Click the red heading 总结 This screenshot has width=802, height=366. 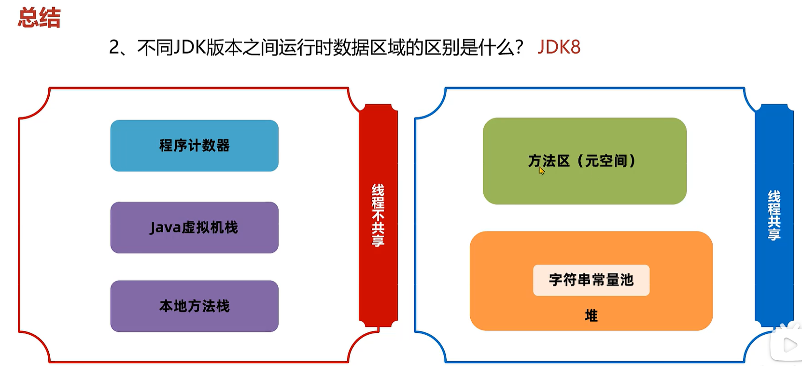coord(39,18)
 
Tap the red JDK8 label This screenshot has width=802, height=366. coord(559,47)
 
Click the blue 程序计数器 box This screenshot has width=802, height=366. coord(194,146)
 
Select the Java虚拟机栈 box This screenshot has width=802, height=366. coord(194,228)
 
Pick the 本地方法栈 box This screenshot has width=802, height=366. coord(194,306)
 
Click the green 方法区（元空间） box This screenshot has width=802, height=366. coord(584,161)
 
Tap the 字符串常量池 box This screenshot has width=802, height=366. coord(591,280)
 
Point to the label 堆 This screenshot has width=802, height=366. coord(591,316)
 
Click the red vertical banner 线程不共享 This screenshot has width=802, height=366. coord(378,215)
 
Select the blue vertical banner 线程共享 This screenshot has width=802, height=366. coord(774,215)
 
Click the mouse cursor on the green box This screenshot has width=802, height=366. coord(542,170)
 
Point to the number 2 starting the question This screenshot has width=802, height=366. coord(114,47)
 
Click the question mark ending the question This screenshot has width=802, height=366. coord(519,47)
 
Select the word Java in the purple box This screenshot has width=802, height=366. coord(165,228)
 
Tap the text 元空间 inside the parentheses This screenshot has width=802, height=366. coord(606,161)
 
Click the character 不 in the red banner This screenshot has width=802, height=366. coord(378,215)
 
